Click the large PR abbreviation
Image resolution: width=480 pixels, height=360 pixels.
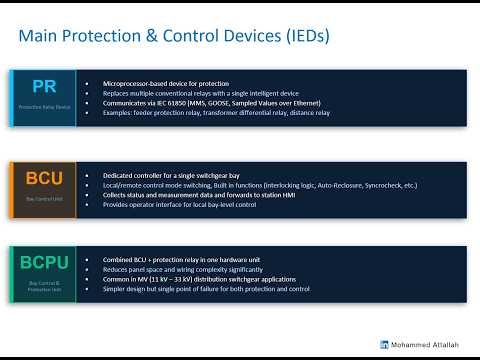(44, 86)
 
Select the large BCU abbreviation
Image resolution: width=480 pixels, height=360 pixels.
(44, 179)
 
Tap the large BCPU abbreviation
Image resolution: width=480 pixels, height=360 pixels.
(44, 266)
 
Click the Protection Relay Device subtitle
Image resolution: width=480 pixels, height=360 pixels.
(44, 105)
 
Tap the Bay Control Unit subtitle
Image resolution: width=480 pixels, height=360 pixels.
(44, 199)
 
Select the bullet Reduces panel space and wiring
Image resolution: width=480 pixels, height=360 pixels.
(180, 269)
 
